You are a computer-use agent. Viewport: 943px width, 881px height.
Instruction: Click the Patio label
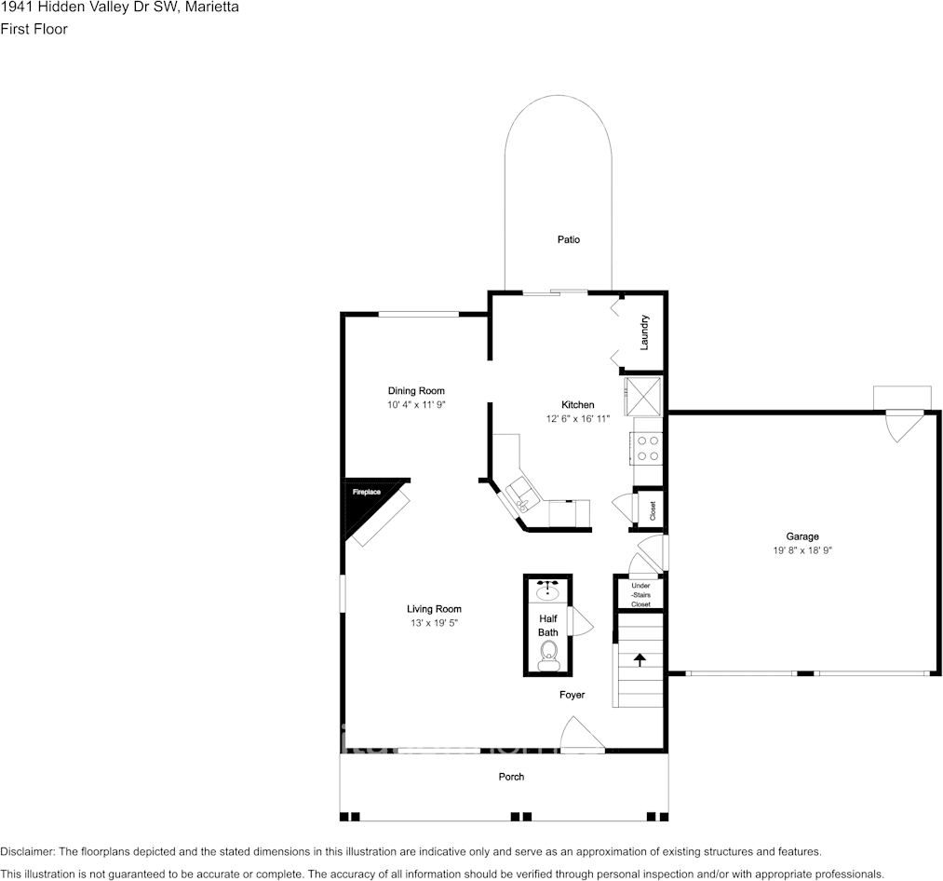[x=569, y=239]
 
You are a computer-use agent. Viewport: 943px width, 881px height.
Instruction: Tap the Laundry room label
[x=644, y=332]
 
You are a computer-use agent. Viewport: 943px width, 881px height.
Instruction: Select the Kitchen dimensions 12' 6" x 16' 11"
[x=578, y=419]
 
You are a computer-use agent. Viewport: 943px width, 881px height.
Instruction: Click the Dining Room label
[x=416, y=391]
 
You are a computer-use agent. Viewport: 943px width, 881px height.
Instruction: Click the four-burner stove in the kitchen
[x=647, y=448]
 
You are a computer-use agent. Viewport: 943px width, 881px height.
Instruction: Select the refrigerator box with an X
[x=643, y=396]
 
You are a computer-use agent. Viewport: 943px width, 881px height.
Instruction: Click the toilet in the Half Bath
[x=548, y=656]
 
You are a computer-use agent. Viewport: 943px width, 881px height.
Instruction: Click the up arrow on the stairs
[x=640, y=659]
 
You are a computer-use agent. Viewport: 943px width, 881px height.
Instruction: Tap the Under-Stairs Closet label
[x=641, y=594]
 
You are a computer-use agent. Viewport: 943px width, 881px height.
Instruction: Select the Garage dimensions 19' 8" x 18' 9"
[x=802, y=550]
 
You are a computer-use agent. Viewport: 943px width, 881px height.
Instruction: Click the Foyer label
[x=572, y=695]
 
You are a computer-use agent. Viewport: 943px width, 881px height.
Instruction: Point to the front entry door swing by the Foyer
[x=582, y=734]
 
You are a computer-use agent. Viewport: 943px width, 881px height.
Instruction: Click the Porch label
[x=511, y=777]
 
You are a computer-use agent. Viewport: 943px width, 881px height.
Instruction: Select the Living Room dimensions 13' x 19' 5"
[x=434, y=623]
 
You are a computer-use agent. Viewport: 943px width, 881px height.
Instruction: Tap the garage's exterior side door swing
[x=905, y=426]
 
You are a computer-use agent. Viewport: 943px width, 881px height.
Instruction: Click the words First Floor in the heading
[x=34, y=29]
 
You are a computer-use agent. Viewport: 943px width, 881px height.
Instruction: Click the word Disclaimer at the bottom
[x=27, y=852]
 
